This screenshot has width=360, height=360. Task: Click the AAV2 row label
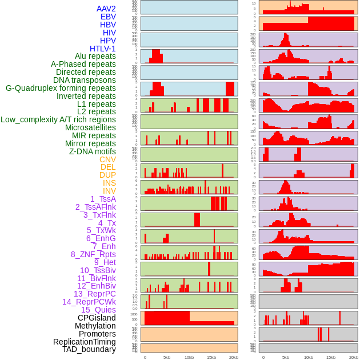pos(106,9)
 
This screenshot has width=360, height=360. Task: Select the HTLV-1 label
pos(102,49)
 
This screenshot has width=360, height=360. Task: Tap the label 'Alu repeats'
pos(95,56)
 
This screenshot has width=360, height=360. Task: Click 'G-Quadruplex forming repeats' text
pos(61,88)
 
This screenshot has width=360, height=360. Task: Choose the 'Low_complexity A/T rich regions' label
pos(58,119)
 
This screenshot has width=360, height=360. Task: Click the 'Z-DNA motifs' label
pos(92,151)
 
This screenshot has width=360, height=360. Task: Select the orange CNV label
pos(107,159)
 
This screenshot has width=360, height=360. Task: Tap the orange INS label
pos(109,183)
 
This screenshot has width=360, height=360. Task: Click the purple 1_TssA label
pos(103,199)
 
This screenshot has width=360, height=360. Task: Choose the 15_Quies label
pos(98,310)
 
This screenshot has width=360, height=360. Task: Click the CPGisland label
pos(97,318)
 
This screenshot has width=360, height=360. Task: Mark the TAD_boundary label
pos(89,349)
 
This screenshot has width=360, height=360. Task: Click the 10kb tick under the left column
pos(189,357)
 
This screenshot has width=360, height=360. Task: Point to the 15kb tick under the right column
pos(330,357)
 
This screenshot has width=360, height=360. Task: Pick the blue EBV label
pos(108,17)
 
